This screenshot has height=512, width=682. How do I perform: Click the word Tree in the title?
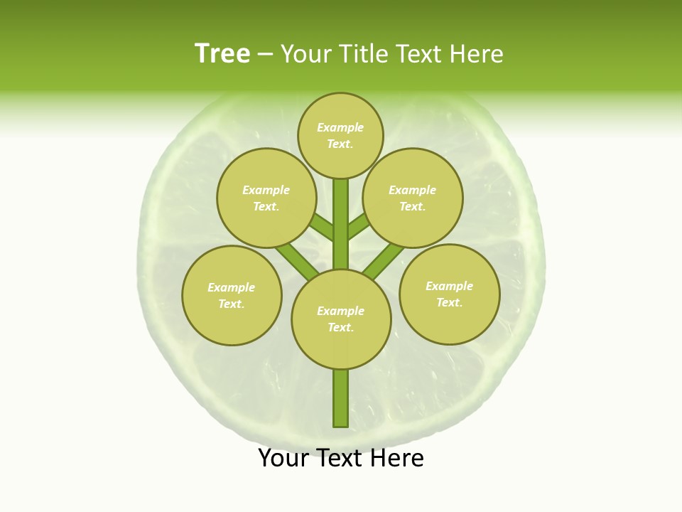pos(222,54)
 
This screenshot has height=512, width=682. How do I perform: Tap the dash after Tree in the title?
pos(265,55)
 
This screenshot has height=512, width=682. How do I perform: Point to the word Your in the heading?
pos(306,54)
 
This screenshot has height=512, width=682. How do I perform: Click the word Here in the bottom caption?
pos(394,459)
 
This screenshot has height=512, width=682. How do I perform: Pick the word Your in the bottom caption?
pos(283,459)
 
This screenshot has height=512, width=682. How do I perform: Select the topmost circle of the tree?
pos(340,135)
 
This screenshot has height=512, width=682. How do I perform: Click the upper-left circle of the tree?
pos(266,198)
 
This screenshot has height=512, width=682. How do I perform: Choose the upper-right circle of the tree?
pos(413,198)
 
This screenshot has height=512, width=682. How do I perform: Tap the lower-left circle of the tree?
pos(232,295)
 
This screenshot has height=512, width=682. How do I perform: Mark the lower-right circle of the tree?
pos(449,294)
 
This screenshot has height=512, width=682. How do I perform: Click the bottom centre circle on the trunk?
pos(341,319)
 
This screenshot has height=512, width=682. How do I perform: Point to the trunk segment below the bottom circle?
pos(341,398)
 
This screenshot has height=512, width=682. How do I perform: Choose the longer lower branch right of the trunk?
pos(384,261)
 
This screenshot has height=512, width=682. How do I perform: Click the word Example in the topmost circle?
pos(340,128)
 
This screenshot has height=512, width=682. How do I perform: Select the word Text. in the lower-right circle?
pos(449,302)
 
